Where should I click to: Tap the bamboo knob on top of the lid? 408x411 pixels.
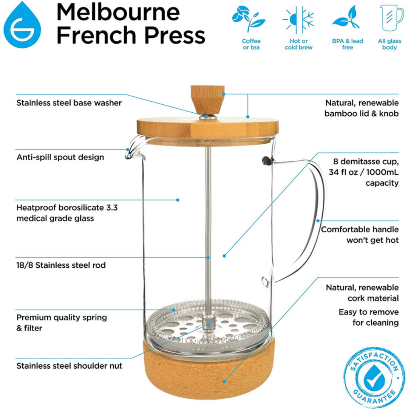click(x=207, y=99)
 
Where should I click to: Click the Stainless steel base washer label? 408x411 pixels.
click(x=69, y=103)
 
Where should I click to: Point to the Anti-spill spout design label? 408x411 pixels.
click(x=60, y=157)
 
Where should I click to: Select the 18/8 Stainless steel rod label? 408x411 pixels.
click(x=61, y=265)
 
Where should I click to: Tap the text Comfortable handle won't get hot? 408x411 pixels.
click(x=359, y=234)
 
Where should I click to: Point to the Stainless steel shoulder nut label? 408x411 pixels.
click(x=69, y=366)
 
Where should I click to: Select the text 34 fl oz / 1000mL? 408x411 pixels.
click(x=363, y=173)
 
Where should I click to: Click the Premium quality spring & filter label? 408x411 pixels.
click(x=61, y=323)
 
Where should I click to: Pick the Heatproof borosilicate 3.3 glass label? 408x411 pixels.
click(x=60, y=213)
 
